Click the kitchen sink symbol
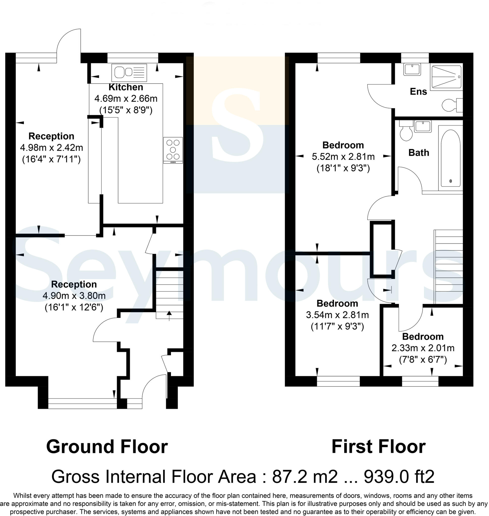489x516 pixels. click(x=129, y=72)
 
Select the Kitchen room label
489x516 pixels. click(x=126, y=87)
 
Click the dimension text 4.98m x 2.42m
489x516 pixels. click(x=51, y=148)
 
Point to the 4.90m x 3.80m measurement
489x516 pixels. click(x=74, y=296)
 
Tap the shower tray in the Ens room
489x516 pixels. click(x=446, y=77)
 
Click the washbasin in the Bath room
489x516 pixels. click(x=422, y=126)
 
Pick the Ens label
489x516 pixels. click(x=418, y=91)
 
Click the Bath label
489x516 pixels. click(x=418, y=153)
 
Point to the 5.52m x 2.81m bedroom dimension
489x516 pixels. click(x=343, y=156)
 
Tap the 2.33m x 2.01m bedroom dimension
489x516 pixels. click(x=422, y=348)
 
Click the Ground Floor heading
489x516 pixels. click(x=107, y=447)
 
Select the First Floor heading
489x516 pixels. click(x=379, y=447)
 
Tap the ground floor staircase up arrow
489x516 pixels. click(x=169, y=315)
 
